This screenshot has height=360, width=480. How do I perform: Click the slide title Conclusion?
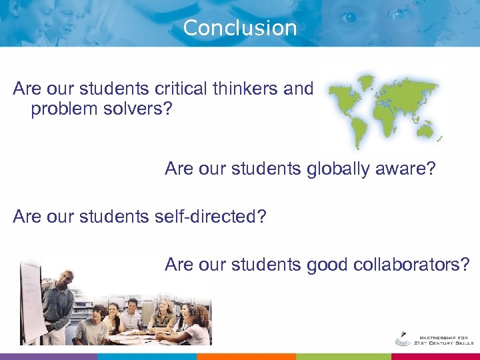point(239,28)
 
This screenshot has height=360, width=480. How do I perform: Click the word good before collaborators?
point(328,265)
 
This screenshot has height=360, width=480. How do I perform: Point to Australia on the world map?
point(427,127)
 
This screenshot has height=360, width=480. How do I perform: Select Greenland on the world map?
point(365,81)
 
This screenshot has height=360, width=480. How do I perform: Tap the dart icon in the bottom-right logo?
point(403,334)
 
